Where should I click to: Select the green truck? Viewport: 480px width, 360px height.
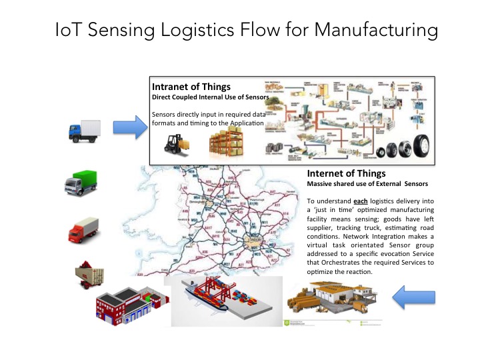[x=84, y=181]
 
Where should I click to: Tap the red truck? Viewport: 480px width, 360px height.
[x=84, y=231]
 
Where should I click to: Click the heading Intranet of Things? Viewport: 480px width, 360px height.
[x=191, y=87]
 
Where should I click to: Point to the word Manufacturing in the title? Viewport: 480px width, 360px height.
[x=375, y=31]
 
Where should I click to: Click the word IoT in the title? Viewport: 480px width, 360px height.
[x=70, y=31]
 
